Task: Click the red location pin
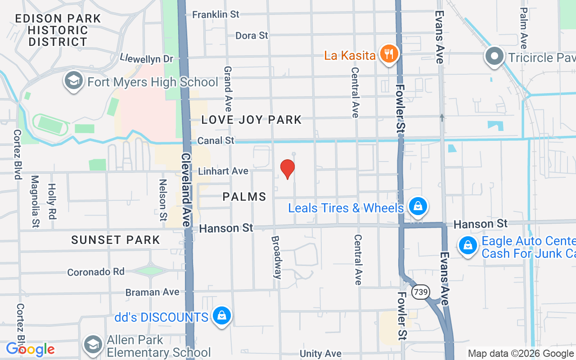(288, 168)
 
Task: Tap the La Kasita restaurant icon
(387, 55)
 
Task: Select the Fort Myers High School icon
(73, 81)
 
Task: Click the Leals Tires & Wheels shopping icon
(418, 207)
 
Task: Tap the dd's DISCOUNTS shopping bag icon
(221, 316)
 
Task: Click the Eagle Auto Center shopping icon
(468, 246)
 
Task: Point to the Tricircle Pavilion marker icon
(495, 57)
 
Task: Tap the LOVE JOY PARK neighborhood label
(252, 120)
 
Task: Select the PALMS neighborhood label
(244, 197)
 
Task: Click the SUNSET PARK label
(116, 240)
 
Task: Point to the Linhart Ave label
(223, 171)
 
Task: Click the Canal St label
(216, 140)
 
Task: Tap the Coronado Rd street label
(96, 272)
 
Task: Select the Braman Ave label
(153, 292)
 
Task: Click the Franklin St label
(216, 14)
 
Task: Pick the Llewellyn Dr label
(147, 58)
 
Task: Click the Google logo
(30, 349)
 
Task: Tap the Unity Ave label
(320, 354)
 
